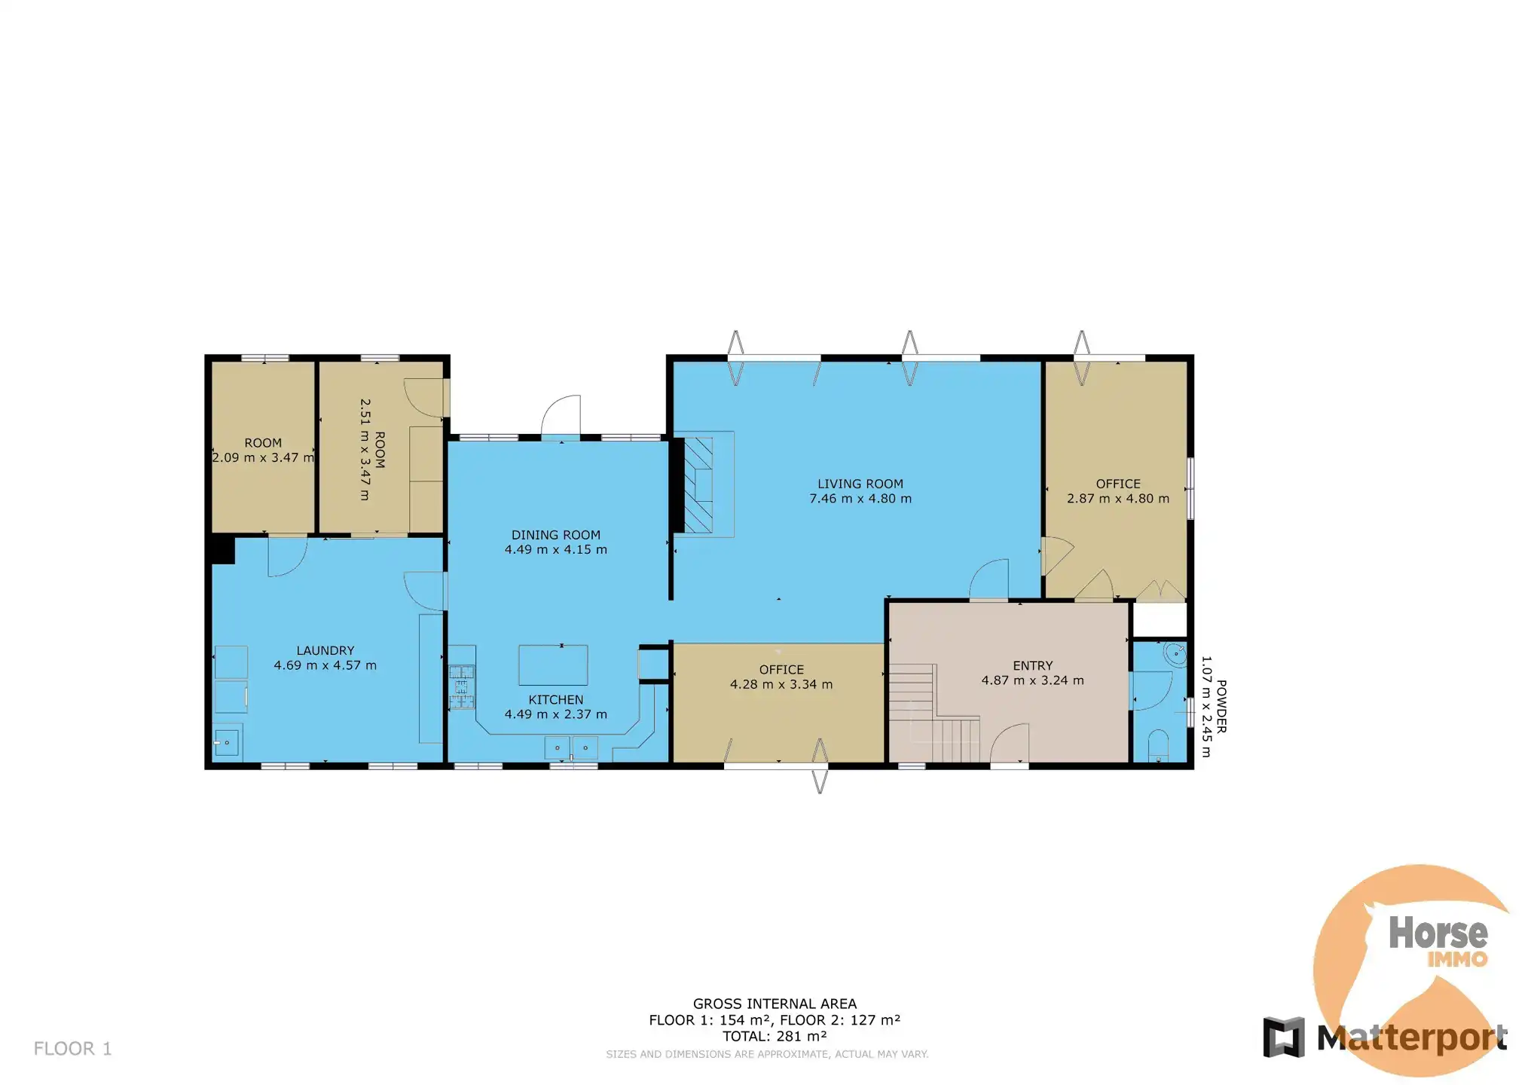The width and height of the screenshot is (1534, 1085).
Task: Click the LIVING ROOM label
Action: pos(860,484)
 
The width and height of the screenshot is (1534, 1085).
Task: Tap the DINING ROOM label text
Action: pos(556,535)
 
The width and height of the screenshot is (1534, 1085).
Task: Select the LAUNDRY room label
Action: pos(325,650)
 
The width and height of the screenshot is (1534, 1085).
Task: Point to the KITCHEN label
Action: pos(556,700)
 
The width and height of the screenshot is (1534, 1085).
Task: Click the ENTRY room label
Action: pos(1032,665)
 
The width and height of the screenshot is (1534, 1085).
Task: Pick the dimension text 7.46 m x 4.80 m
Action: pos(860,499)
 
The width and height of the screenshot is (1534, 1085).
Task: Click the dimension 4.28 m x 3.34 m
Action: pos(781,685)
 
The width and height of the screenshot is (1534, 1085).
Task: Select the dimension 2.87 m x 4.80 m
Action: pos(1118,499)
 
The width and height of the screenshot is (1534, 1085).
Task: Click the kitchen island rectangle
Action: pos(553,665)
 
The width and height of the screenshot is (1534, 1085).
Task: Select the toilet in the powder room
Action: pos(1158,746)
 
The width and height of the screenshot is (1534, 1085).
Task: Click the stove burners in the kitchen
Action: pos(462,687)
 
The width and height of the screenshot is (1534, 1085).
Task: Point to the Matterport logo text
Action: pos(1412,1038)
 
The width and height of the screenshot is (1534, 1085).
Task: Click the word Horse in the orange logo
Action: pos(1438,933)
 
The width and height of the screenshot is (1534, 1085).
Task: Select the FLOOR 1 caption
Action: pos(72,1049)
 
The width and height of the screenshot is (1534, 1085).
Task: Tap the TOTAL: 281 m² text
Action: pos(775,1036)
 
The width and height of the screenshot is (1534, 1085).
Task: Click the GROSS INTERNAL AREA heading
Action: pos(775,1004)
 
